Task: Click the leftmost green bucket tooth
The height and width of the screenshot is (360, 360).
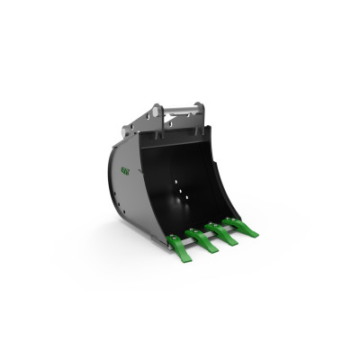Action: coord(178,243)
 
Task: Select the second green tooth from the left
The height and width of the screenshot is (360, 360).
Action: coord(201,238)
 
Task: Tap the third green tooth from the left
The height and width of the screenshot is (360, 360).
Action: coord(222,233)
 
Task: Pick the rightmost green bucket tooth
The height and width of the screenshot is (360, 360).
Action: coord(242,227)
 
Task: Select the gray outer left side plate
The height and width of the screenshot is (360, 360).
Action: coord(135,180)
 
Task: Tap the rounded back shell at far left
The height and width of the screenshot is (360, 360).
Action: coord(112,180)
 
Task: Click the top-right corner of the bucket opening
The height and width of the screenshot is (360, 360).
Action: coord(212,130)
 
